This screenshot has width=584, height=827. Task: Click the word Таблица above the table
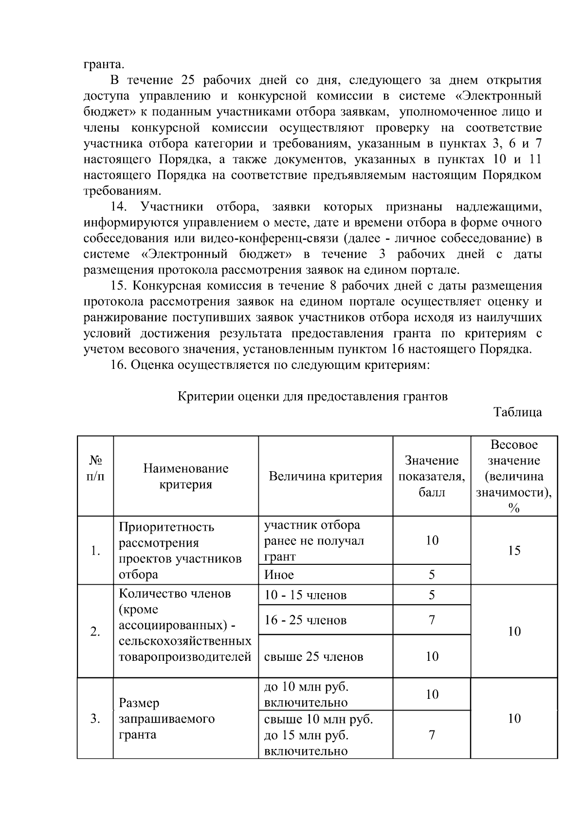[518, 412]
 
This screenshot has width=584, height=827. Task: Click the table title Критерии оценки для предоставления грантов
[312, 396]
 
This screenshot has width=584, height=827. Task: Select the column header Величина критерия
[326, 476]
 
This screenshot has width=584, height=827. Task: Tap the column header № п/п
[95, 468]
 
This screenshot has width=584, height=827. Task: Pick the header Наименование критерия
[186, 476]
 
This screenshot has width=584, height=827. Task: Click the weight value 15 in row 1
[514, 550]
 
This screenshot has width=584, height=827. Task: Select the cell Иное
[279, 575]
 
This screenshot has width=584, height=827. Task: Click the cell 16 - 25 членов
[305, 620]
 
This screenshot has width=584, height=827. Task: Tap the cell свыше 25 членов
[313, 656]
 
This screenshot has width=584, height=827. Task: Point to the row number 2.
[95, 632]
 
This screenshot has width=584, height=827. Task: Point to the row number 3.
[95, 718]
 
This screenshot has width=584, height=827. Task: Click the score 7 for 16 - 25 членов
[432, 620]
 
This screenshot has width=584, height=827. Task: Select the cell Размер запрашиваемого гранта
[167, 718]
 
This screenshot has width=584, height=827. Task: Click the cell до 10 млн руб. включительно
[306, 694]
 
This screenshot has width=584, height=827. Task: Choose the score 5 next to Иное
[432, 575]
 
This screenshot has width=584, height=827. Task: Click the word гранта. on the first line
[104, 64]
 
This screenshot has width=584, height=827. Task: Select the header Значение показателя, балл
[432, 476]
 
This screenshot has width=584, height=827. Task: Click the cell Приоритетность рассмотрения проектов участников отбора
[180, 550]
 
